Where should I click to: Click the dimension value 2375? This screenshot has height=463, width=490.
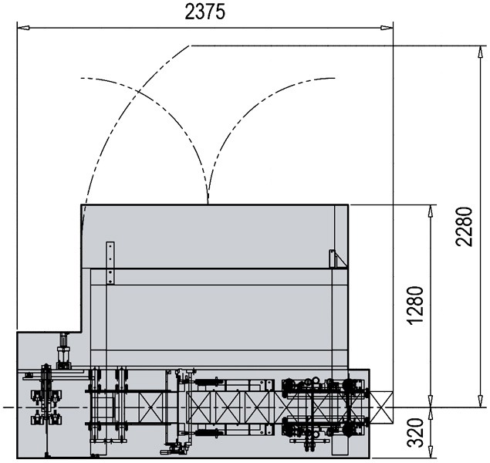(204, 12)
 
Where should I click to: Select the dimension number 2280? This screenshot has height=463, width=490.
(463, 227)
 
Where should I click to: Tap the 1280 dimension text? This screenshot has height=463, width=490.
(416, 306)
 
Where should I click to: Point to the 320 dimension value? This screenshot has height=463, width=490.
(416, 432)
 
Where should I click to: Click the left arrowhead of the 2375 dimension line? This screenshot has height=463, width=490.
(23, 28)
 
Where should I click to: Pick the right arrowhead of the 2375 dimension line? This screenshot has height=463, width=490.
(387, 28)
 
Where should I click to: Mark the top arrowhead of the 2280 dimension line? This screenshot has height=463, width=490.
(481, 52)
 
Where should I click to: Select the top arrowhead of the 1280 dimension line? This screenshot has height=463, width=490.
(431, 211)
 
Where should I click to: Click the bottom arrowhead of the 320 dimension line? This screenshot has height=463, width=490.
(431, 452)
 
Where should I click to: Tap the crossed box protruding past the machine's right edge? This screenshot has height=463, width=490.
(381, 407)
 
